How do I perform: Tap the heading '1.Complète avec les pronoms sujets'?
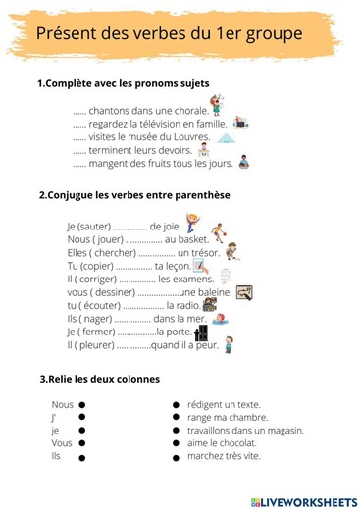pos(123,83)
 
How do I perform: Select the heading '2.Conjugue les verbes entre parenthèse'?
pos(134,194)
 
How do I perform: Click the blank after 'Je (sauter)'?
pos(130,227)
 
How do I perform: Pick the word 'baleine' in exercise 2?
pos(215,292)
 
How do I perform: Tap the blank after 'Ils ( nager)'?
pos(131,319)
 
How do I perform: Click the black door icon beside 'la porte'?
pos(201,332)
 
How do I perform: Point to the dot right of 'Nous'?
pos(82,404)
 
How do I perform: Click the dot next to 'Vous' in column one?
pos(82,443)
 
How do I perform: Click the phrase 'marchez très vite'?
pos(224,456)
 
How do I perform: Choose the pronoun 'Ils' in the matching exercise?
pos(56,456)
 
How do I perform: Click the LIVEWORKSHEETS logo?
pos(304,501)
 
